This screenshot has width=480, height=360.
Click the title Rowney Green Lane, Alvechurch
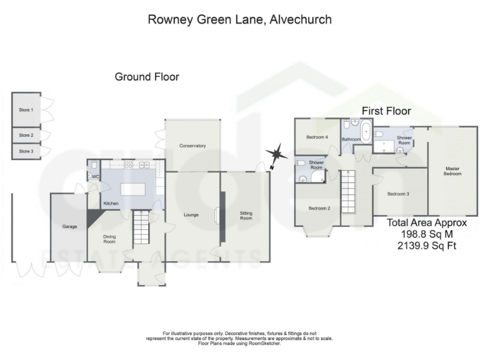tap(239, 19)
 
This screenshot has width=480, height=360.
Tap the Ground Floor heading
tap(147, 77)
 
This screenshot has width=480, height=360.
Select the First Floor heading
tap(386, 111)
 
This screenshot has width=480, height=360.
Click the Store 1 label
tap(26, 109)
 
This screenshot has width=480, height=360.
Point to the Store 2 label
tap(26, 135)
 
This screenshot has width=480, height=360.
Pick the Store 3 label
tap(26, 151)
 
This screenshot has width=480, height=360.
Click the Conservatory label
tap(192, 146)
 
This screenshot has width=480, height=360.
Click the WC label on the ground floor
tap(95, 177)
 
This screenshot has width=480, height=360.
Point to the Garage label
tap(69, 226)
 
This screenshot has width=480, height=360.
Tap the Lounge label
tap(191, 215)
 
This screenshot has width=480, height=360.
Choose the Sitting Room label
tap(246, 216)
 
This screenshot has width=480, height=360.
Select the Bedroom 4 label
tap(317, 137)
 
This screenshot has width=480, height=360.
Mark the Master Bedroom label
tap(452, 171)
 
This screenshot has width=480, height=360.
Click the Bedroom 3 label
tap(398, 194)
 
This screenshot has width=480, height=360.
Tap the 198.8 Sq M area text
tap(426, 234)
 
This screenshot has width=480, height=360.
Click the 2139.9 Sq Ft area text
tap(426, 246)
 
